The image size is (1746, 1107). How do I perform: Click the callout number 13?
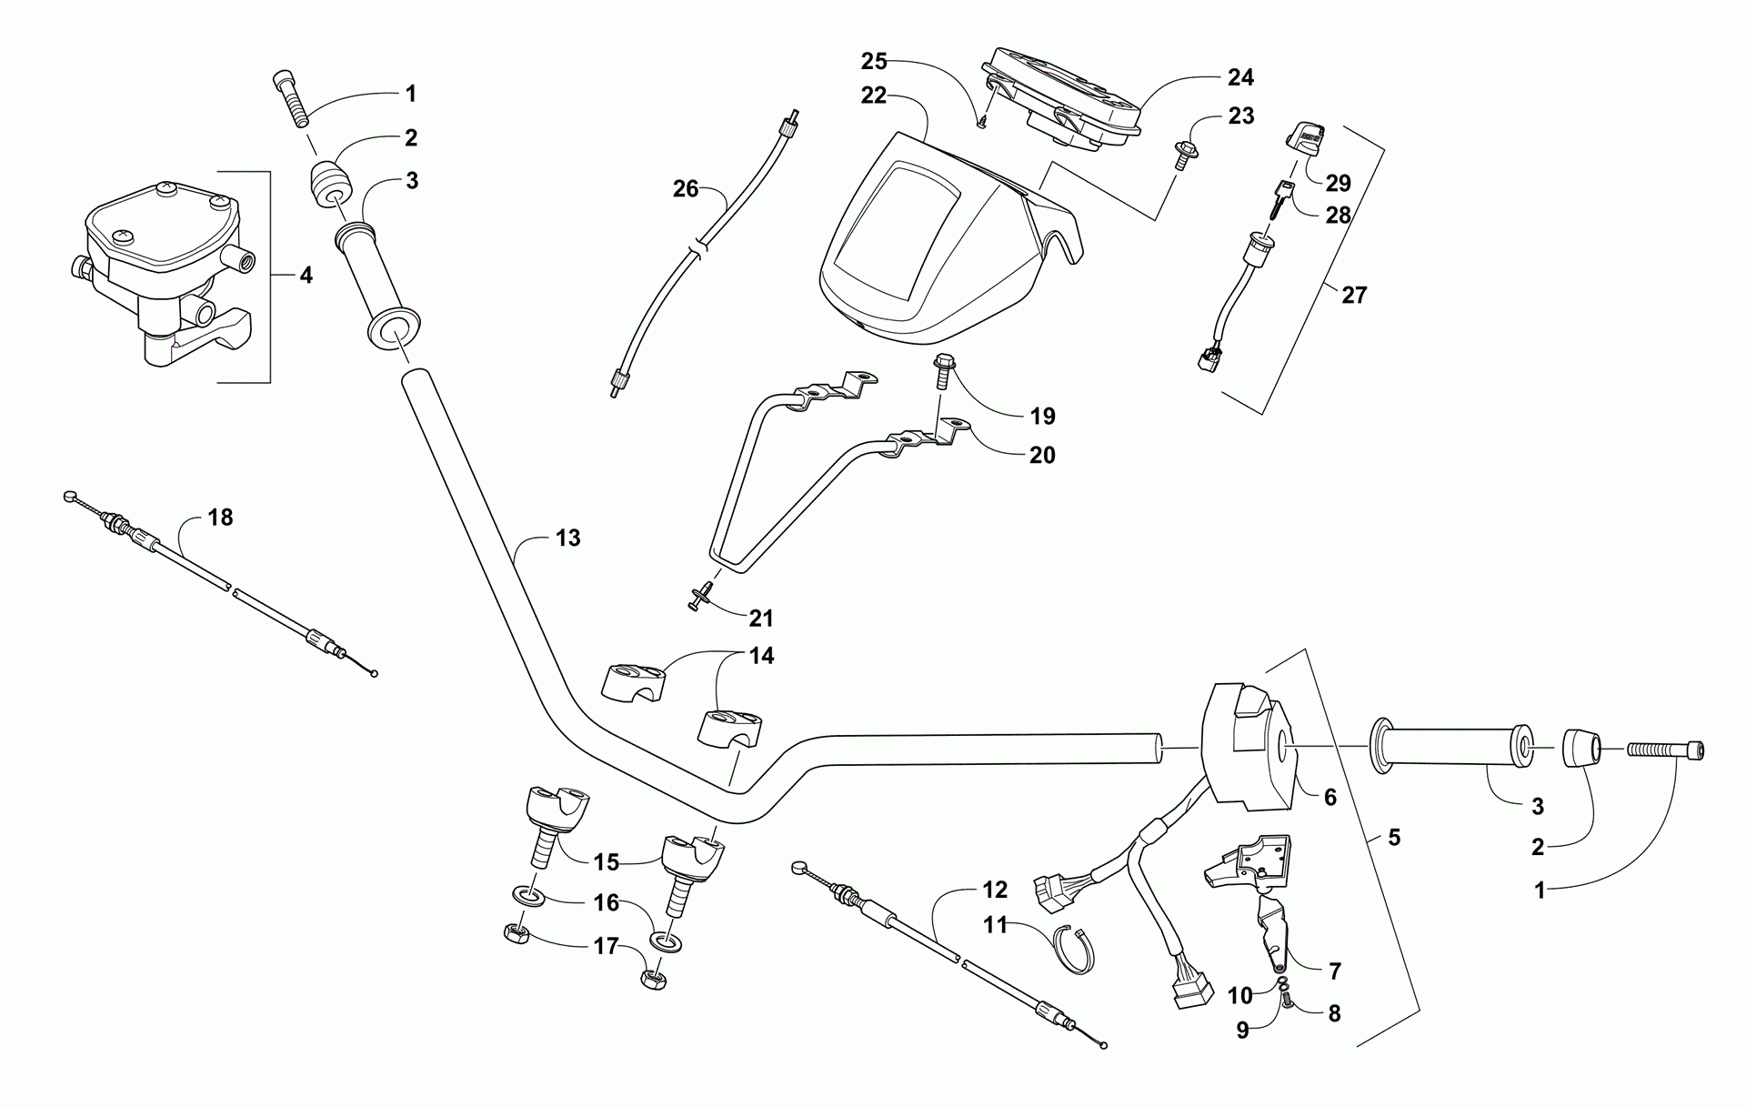(x=567, y=538)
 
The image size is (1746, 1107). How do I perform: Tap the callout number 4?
(x=306, y=275)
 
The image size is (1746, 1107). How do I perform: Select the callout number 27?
(x=1354, y=295)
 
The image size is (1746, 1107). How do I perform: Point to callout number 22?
(x=873, y=95)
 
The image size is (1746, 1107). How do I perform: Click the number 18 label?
(x=220, y=517)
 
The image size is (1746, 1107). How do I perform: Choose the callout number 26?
(x=686, y=188)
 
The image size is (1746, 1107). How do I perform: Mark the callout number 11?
(x=996, y=925)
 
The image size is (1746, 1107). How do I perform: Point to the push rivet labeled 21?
(x=700, y=597)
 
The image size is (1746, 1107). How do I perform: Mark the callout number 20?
(x=1042, y=455)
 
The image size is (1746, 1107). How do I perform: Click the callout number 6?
(x=1330, y=798)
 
